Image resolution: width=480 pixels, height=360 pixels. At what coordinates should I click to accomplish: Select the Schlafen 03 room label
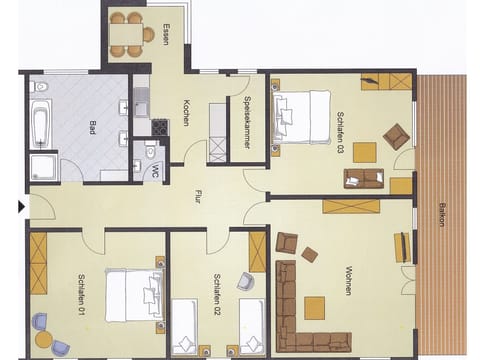coord(340,134)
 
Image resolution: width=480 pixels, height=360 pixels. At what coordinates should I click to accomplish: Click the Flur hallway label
coord(199,198)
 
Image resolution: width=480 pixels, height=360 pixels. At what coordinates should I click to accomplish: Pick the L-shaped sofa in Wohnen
coord(300,308)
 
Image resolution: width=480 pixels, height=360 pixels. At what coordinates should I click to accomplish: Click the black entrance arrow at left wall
coord(21,207)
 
